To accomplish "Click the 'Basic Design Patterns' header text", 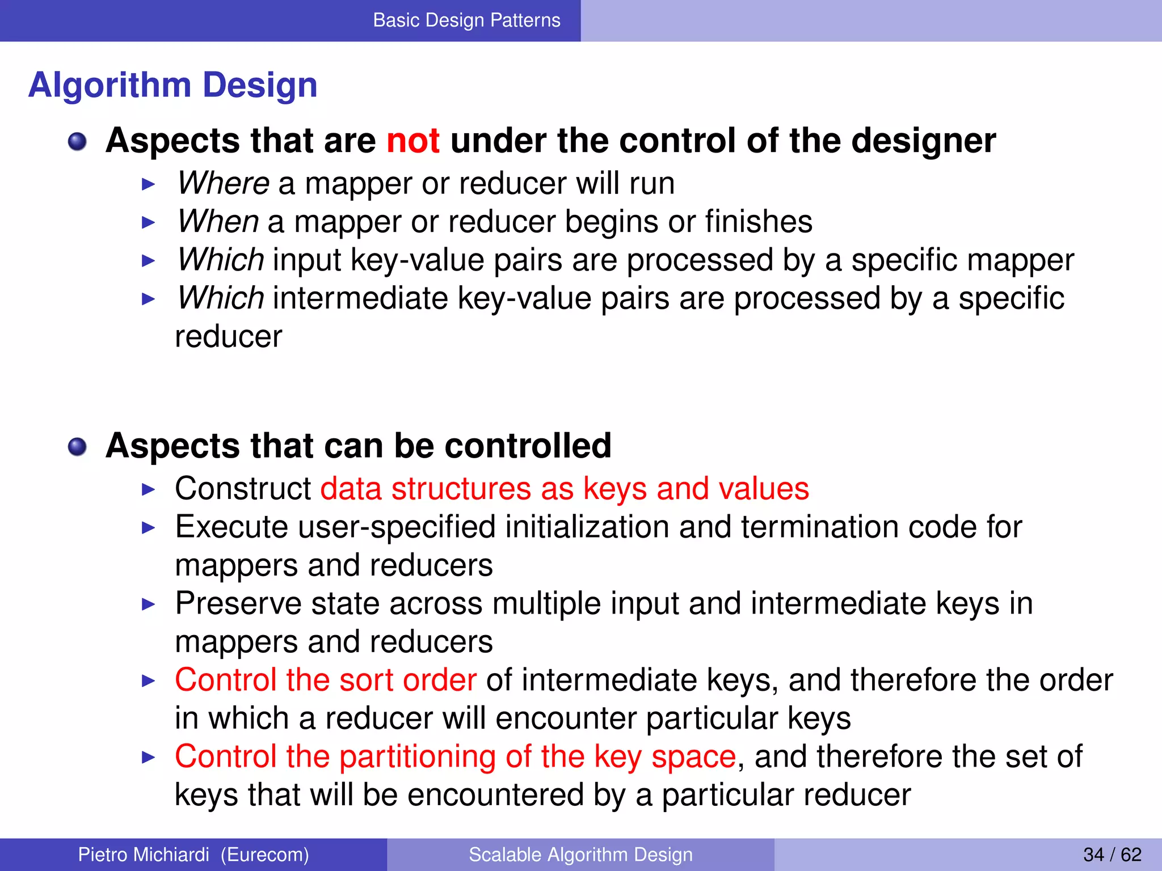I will (x=466, y=20).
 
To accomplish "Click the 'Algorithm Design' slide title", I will (x=172, y=85).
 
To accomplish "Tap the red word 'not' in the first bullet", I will (x=412, y=141).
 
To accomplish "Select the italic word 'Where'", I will (x=223, y=184).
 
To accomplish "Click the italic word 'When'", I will (x=218, y=222).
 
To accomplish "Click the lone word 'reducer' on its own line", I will (x=228, y=337).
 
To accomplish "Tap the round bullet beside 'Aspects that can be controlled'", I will (x=77, y=447).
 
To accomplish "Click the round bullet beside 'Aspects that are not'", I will (x=77, y=142).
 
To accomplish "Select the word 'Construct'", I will (x=243, y=489).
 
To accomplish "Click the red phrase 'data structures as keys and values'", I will (x=565, y=489).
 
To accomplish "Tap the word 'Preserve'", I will (x=238, y=603).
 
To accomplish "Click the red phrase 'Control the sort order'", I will (x=325, y=680).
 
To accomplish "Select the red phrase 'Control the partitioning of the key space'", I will (x=455, y=756).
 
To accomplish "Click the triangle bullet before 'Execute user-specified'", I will (x=148, y=528).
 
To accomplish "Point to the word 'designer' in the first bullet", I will (x=923, y=141).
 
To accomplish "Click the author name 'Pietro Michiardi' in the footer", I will (x=144, y=855).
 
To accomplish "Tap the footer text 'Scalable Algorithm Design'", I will (x=580, y=855).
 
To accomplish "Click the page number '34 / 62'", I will (x=1112, y=855).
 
